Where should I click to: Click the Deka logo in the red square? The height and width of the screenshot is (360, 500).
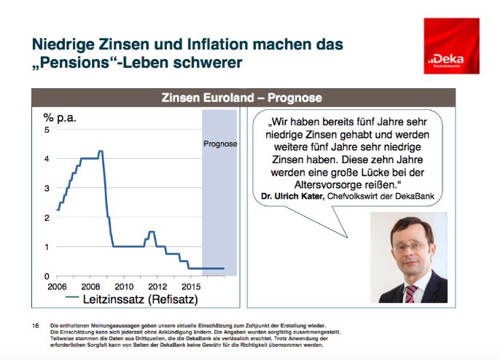pos(450,53)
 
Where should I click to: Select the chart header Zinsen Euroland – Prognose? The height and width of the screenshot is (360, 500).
pos(243,97)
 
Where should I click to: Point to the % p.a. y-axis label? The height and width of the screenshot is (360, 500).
pos(60,117)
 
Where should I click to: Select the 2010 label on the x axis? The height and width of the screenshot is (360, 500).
pos(123,286)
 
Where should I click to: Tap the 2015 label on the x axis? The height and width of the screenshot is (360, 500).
pos(191,286)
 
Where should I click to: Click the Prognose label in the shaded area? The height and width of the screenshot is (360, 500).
pos(220,144)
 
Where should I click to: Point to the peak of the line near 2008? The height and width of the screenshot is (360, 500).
pos(101,152)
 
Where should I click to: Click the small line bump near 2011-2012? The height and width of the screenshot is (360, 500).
pos(152,232)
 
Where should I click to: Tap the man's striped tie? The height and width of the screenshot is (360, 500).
pos(410,293)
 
